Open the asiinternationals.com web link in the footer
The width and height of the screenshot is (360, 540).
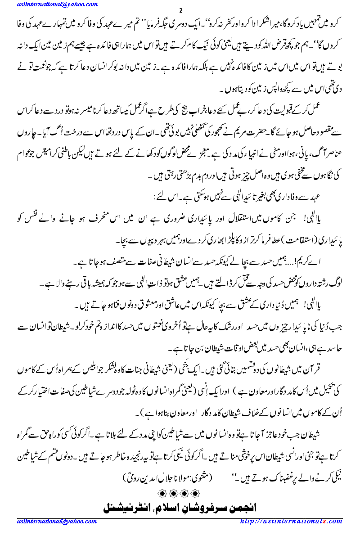[x=291, y=521]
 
